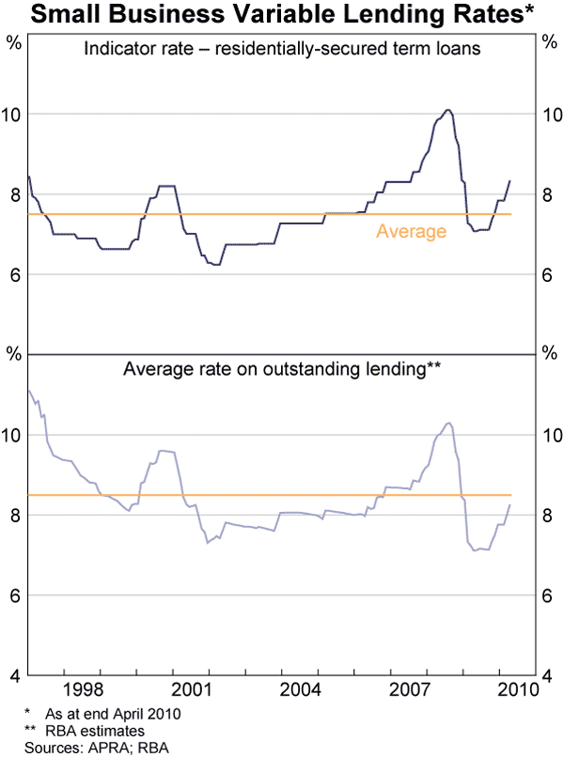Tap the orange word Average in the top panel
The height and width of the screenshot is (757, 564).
click(x=411, y=231)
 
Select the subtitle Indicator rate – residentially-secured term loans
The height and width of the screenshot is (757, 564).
click(x=281, y=50)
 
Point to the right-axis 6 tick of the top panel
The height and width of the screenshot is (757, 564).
click(x=548, y=275)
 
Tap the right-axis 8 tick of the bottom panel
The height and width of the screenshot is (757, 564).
click(x=548, y=516)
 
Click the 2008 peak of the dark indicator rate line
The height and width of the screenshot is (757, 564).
click(x=448, y=110)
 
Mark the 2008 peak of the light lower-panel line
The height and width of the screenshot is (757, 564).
click(x=448, y=424)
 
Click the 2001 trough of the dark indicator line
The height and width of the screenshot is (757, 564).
click(x=216, y=265)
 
